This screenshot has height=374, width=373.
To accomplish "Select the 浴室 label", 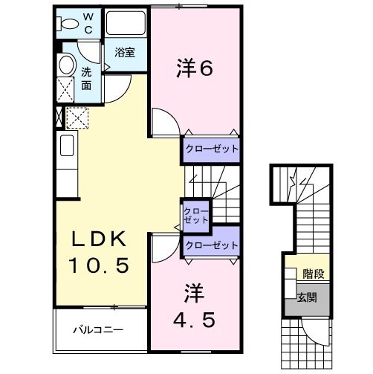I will coord(125,52).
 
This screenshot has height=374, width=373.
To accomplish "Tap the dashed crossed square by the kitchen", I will coord(77,118).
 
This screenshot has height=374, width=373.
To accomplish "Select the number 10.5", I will coord(100,265).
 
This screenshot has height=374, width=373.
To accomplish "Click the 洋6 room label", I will coord(195,68).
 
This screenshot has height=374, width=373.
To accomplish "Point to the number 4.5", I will coord(195,320).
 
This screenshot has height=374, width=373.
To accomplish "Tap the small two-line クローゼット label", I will coord(196,216).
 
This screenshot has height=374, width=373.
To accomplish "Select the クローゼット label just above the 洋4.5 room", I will coord(212,245).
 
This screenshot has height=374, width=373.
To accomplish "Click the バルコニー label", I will coord(97,329).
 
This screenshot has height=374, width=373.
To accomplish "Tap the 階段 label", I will coord(313,274).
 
